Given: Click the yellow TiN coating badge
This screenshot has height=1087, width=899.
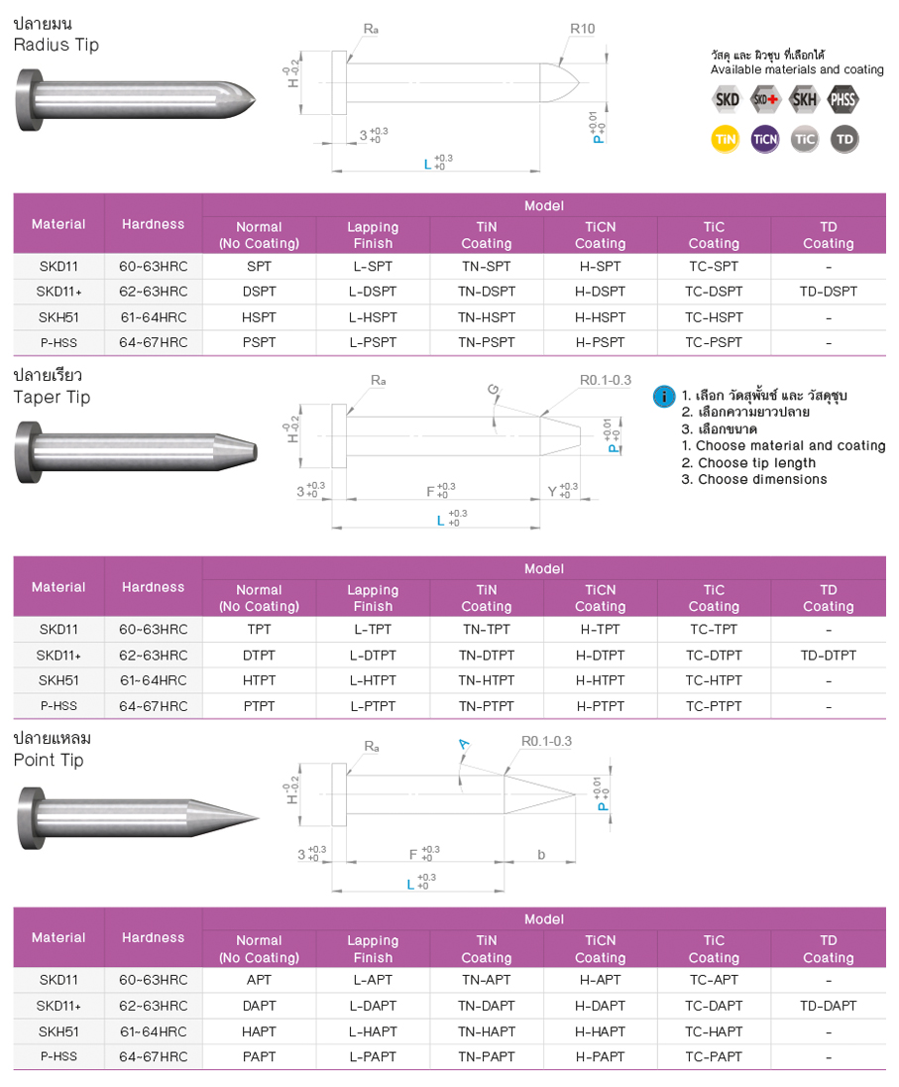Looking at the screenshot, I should [727, 139].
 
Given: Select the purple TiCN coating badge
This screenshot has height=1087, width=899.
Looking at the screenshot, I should [765, 139].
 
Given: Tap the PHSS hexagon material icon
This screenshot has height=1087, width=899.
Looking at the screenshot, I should [843, 99].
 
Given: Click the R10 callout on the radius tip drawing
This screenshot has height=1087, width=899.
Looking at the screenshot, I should [583, 29].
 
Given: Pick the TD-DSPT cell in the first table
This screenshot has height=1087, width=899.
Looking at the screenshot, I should [828, 292].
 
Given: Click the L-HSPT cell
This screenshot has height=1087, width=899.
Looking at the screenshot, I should [373, 317].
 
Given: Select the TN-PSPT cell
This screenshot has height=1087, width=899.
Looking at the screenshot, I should [486, 343].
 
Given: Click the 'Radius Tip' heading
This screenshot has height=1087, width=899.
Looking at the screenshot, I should [56, 45].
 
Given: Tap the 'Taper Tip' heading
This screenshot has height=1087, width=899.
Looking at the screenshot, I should [52, 397].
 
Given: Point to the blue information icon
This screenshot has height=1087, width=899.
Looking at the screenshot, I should [663, 396].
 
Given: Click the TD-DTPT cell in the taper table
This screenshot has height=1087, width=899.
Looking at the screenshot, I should [828, 655].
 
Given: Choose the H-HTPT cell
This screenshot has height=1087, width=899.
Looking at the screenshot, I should [600, 680].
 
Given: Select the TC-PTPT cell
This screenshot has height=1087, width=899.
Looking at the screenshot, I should [714, 706].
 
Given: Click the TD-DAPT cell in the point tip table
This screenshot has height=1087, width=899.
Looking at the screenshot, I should [828, 1006].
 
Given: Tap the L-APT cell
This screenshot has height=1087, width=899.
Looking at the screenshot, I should [373, 980].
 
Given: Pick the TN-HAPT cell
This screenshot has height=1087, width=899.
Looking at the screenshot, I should [486, 1031].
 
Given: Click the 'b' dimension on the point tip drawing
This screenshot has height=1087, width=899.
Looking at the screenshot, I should [541, 854].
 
